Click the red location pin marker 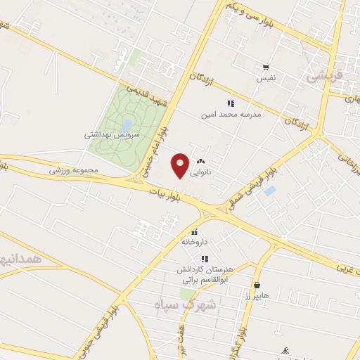click(x=180, y=165)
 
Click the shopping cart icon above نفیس click(x=266, y=68)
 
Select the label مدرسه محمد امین click(x=231, y=114)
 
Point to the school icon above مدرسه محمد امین click(x=231, y=103)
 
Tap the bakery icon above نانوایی click(x=202, y=161)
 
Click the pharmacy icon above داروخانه click(x=195, y=232)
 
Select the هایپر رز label click(x=257, y=295)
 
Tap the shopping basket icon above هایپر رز click(x=257, y=285)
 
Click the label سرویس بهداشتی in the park click(x=112, y=134)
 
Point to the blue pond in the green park click(x=127, y=124)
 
